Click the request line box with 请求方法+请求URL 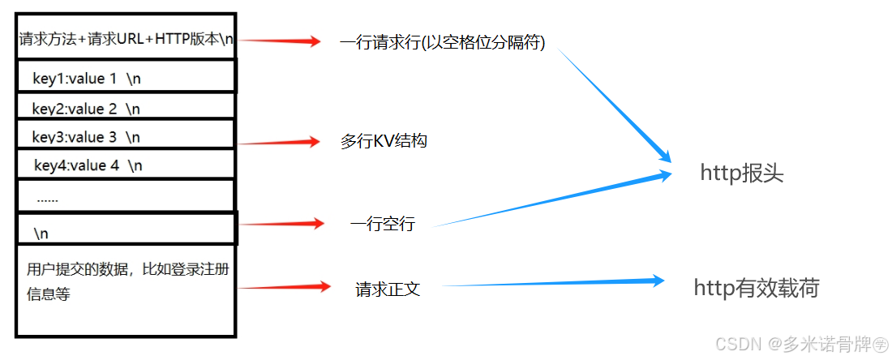pos(125,39)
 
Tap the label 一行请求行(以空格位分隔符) pos(442,43)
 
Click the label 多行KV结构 pos(384,141)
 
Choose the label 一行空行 pos(382,224)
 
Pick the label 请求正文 pos(388,289)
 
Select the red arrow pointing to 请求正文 pos(284,287)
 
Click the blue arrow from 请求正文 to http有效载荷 pos(551,283)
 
